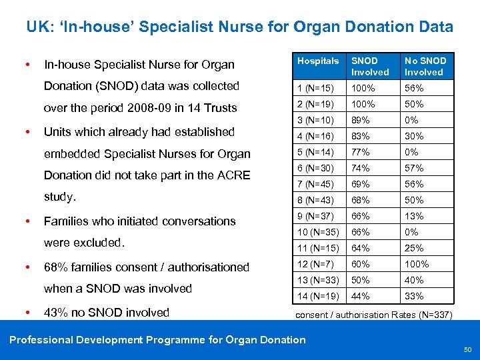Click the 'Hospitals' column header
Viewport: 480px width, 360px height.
[318, 61]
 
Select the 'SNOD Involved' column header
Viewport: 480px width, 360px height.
[370, 67]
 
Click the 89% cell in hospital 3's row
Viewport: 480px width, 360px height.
[361, 120]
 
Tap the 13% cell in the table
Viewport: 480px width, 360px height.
[414, 216]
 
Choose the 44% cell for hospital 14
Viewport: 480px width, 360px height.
[361, 296]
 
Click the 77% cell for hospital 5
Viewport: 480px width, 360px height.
[361, 152]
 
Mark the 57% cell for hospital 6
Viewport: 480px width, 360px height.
[414, 168]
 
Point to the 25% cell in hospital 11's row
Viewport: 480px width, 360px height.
[414, 248]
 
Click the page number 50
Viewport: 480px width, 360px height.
[468, 349]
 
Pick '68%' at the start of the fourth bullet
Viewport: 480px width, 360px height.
[56, 267]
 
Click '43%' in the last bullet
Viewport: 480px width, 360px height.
[56, 313]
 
